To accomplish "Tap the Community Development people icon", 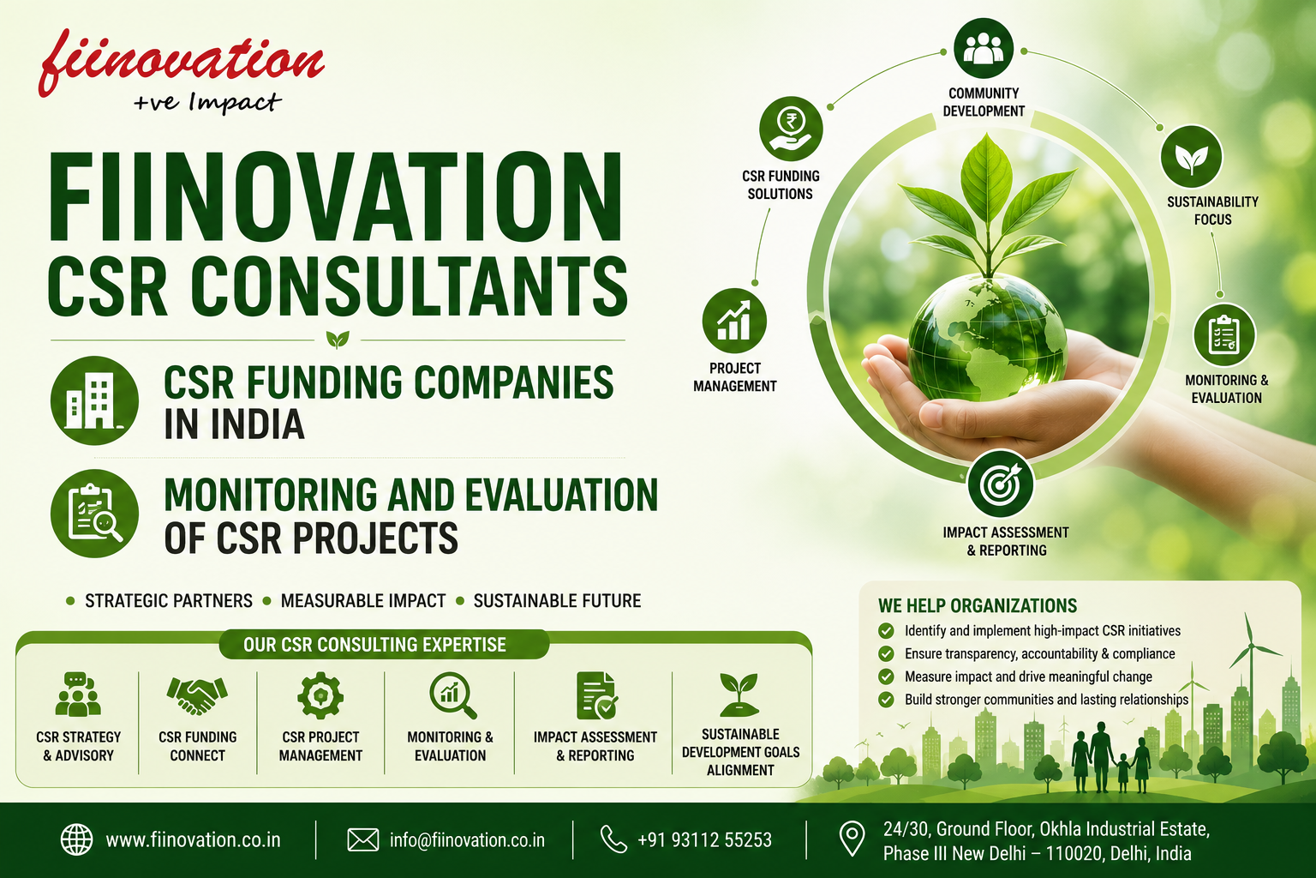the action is [984, 48].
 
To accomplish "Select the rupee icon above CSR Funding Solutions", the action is [791, 129].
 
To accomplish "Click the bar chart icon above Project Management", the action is [734, 321].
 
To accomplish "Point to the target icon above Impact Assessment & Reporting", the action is [1001, 484].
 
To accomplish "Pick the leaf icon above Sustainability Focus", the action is [1192, 157].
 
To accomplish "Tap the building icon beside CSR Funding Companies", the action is [94, 400].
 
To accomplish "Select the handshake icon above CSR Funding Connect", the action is [197, 695].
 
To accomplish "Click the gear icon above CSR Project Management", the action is [320, 695].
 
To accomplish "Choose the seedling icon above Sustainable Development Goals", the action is [739, 695].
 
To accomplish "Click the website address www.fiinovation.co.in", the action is [193, 839].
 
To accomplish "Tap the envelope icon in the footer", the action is [363, 839].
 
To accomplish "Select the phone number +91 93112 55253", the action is [704, 839].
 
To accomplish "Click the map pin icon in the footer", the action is [852, 839].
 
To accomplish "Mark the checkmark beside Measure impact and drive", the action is [886, 677].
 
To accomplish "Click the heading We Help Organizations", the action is [978, 605].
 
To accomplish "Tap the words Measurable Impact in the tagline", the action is [363, 601].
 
